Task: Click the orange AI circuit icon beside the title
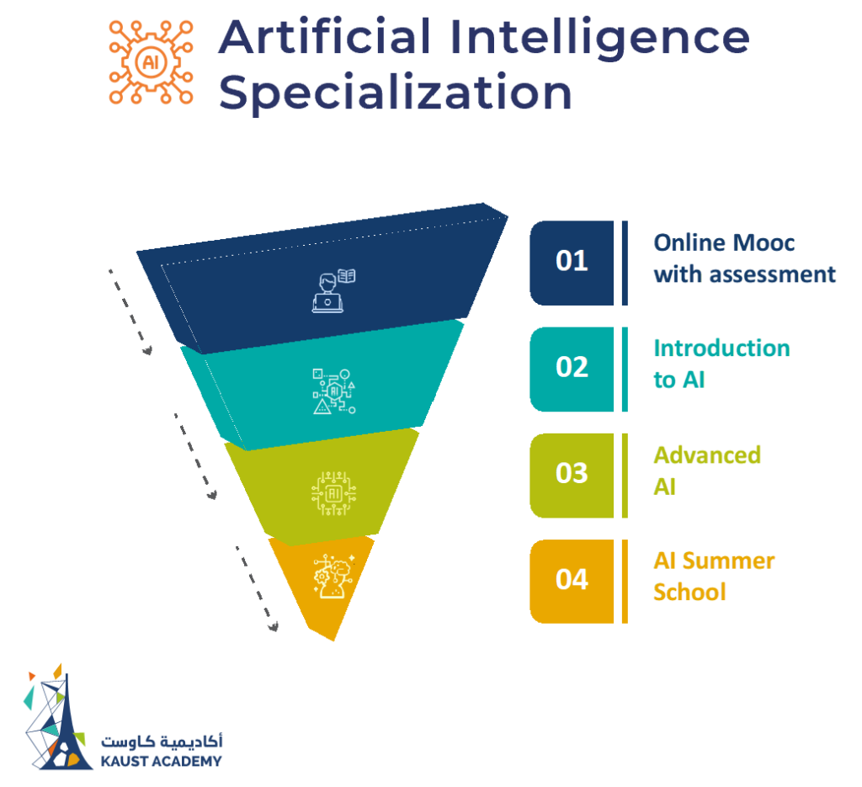(x=152, y=63)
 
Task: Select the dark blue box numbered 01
(x=572, y=262)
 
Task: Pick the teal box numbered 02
(x=572, y=368)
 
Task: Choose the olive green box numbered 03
(x=572, y=474)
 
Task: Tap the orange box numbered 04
(x=572, y=580)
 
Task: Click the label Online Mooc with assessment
(x=744, y=258)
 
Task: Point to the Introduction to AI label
(x=721, y=364)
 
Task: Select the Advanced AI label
(x=706, y=471)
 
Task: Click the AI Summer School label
(x=713, y=576)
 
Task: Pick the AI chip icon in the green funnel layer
(x=333, y=492)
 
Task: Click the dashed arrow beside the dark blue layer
(x=130, y=311)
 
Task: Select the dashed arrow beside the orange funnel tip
(x=256, y=588)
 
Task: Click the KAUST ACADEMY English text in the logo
(x=161, y=761)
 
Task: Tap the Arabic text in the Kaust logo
(x=162, y=742)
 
